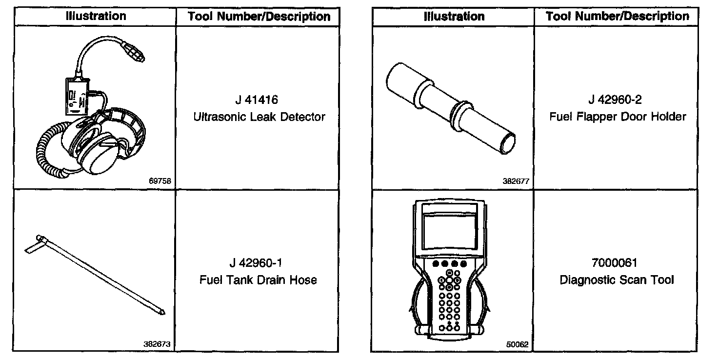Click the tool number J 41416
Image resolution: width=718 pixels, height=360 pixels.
pos(257,100)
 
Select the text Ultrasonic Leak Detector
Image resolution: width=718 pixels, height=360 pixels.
pos(259,117)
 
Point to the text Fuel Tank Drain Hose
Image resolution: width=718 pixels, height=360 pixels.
pos(258,280)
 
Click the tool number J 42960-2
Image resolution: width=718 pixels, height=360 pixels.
pos(615,100)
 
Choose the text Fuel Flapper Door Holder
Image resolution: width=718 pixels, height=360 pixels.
pos(618,117)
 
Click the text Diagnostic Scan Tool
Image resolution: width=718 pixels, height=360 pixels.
pos(617,280)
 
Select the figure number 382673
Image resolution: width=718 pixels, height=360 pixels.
pos(157,344)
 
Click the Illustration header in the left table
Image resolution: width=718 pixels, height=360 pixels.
pos(96,16)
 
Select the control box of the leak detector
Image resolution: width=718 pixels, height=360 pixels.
pos(76,95)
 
